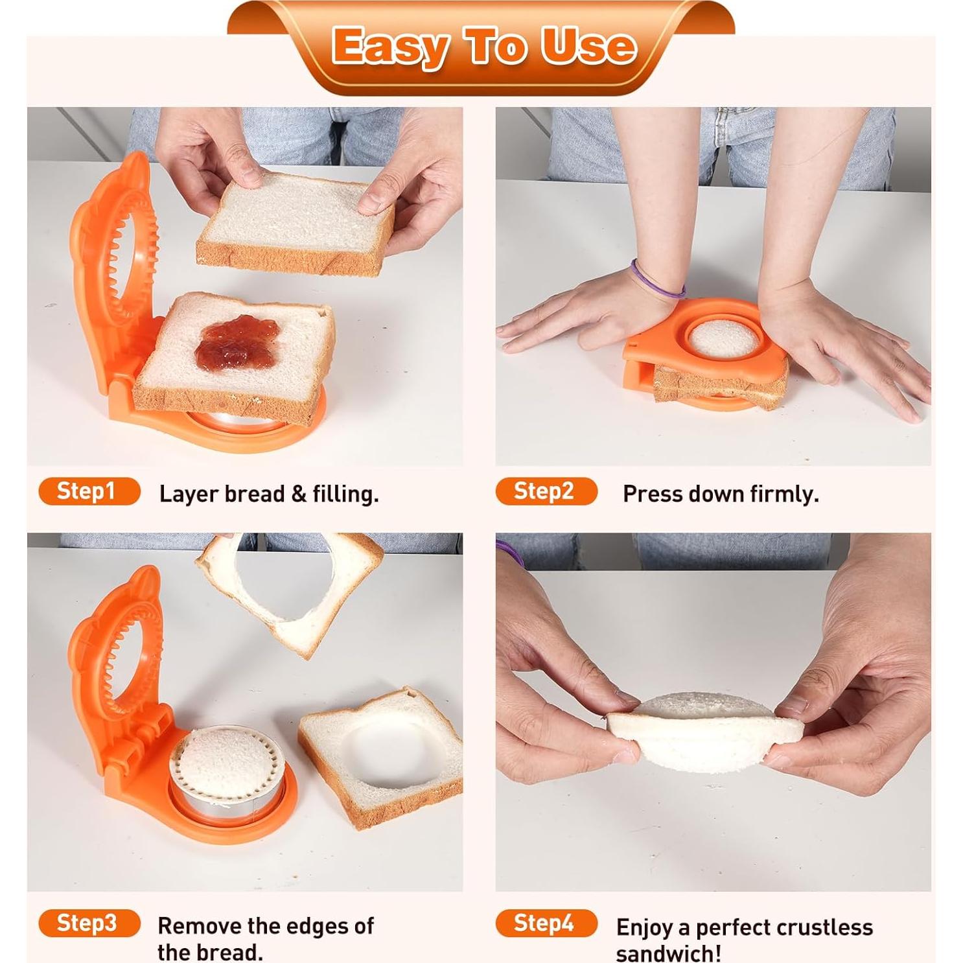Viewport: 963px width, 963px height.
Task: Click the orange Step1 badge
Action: click(89, 491)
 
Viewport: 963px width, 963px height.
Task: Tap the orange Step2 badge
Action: click(546, 491)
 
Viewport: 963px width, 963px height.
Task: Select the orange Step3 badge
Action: click(89, 923)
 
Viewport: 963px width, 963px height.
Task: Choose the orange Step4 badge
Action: click(546, 923)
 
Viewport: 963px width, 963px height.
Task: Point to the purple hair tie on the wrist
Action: click(656, 280)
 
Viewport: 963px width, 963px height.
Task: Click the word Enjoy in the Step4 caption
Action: click(644, 927)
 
